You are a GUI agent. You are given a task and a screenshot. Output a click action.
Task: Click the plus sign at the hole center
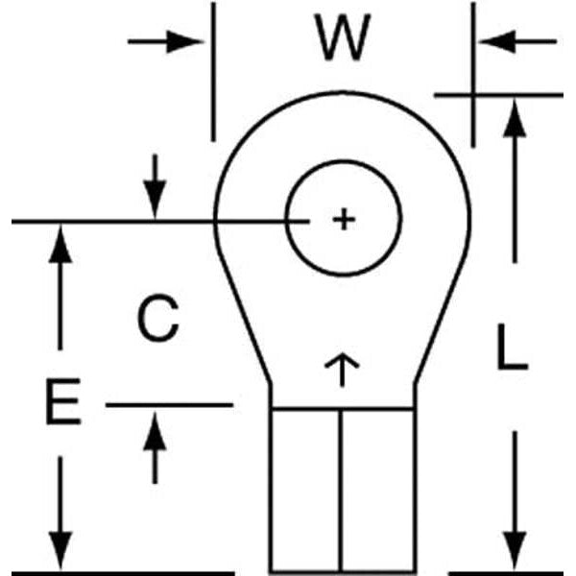pyautogui.click(x=343, y=221)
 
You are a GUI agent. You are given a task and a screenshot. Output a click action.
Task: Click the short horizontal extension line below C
pyautogui.click(x=169, y=405)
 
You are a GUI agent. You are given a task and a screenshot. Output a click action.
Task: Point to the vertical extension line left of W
pyautogui.click(x=212, y=72)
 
